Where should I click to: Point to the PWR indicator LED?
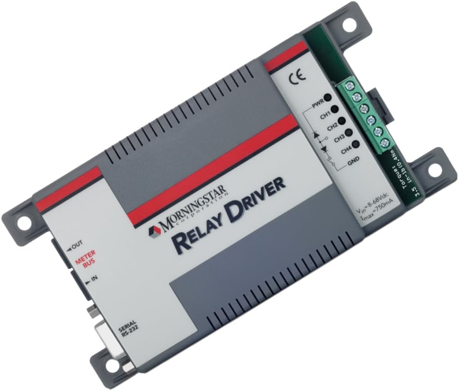click(x=328, y=97)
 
